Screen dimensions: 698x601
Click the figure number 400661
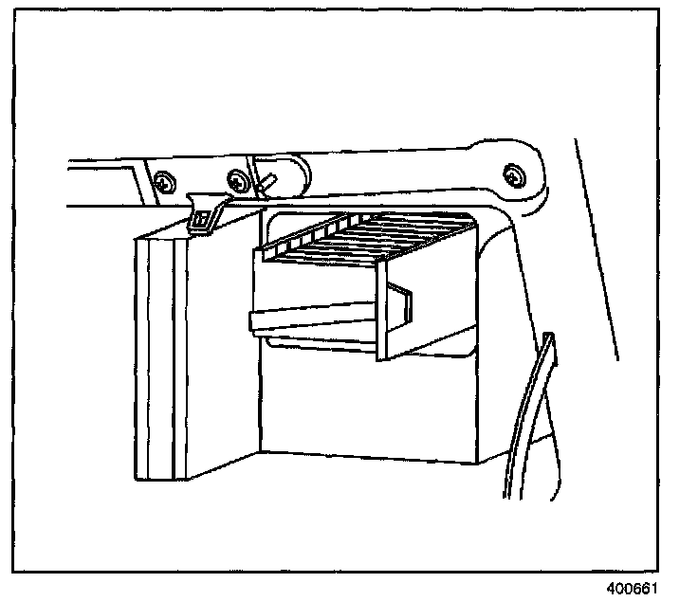point(634,588)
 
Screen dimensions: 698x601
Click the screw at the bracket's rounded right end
point(513,174)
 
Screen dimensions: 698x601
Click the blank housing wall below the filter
point(370,408)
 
